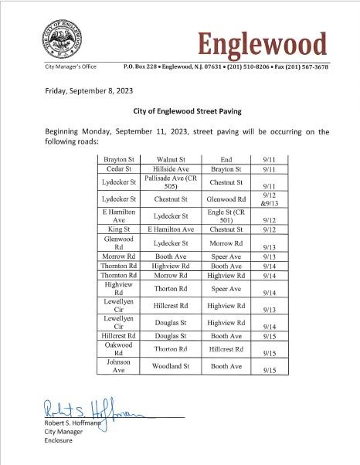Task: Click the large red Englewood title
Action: (x=262, y=43)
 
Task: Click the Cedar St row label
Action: (x=118, y=168)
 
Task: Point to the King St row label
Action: (x=118, y=229)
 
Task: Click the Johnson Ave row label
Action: (x=118, y=365)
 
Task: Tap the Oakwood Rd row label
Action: (x=118, y=348)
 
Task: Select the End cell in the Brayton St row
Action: (x=226, y=159)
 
